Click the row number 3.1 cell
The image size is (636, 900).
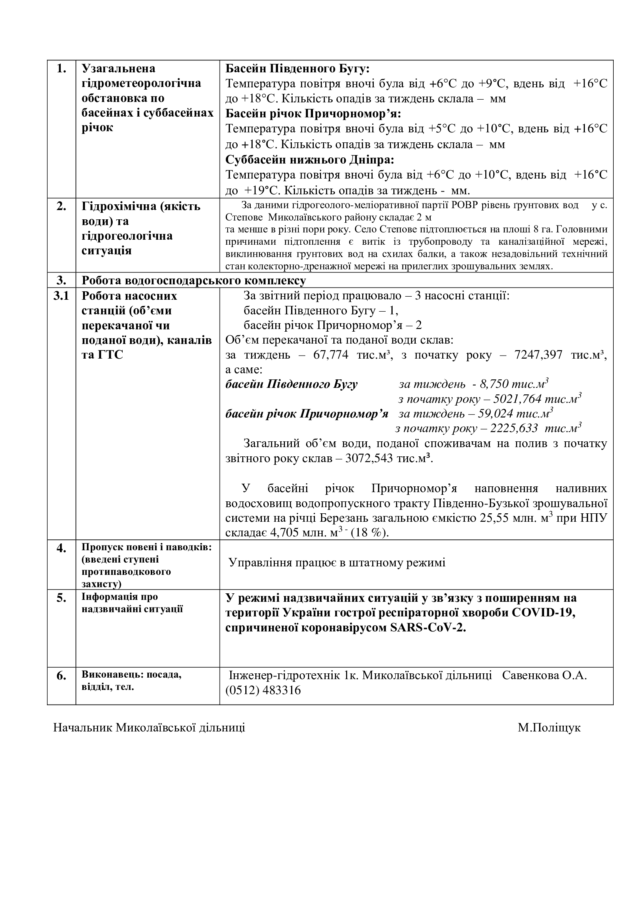click(61, 296)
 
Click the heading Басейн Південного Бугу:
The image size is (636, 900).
click(297, 68)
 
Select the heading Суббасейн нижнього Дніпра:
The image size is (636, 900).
click(310, 160)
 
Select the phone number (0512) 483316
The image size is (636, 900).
click(263, 690)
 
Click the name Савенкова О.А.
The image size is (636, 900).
click(544, 675)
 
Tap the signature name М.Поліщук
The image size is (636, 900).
click(549, 728)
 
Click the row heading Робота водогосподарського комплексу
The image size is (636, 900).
click(194, 281)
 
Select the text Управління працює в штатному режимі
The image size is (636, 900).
click(337, 563)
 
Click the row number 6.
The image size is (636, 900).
click(62, 676)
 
